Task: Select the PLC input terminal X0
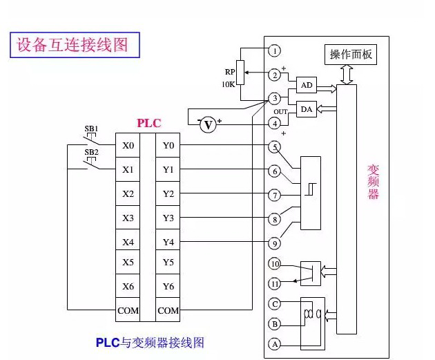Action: tap(128, 146)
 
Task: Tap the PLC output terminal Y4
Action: tap(168, 243)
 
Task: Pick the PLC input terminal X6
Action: tap(128, 287)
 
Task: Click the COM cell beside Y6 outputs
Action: tap(168, 311)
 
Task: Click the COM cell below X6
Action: tap(128, 311)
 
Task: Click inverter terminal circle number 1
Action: tap(275, 50)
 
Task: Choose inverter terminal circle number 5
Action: tap(275, 146)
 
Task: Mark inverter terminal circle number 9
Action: tap(275, 243)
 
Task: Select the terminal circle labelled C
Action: tap(275, 303)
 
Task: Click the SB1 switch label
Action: tap(91, 129)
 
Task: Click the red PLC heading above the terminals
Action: tap(148, 123)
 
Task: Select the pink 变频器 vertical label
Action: tap(373, 181)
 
